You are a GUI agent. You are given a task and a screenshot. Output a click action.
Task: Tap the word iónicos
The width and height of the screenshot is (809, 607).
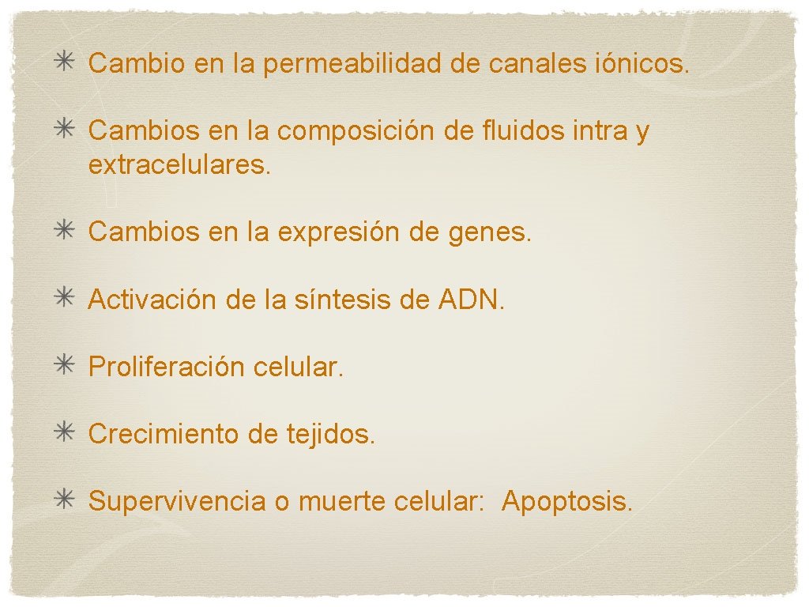[640, 63]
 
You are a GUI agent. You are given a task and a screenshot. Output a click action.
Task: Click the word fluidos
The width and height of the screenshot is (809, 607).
[519, 130]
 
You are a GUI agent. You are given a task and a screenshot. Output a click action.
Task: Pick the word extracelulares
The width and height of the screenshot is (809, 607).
[179, 164]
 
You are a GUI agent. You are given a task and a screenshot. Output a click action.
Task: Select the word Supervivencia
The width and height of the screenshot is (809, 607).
[177, 501]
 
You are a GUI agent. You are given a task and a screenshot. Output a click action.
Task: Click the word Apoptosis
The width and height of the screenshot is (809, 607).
[566, 501]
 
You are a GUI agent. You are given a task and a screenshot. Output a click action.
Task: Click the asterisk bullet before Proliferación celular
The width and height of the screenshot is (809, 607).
[64, 366]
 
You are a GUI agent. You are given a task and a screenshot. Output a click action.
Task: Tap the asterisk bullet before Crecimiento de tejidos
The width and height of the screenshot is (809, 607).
[64, 433]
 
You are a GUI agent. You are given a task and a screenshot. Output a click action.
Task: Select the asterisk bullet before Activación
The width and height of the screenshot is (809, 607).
[64, 299]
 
